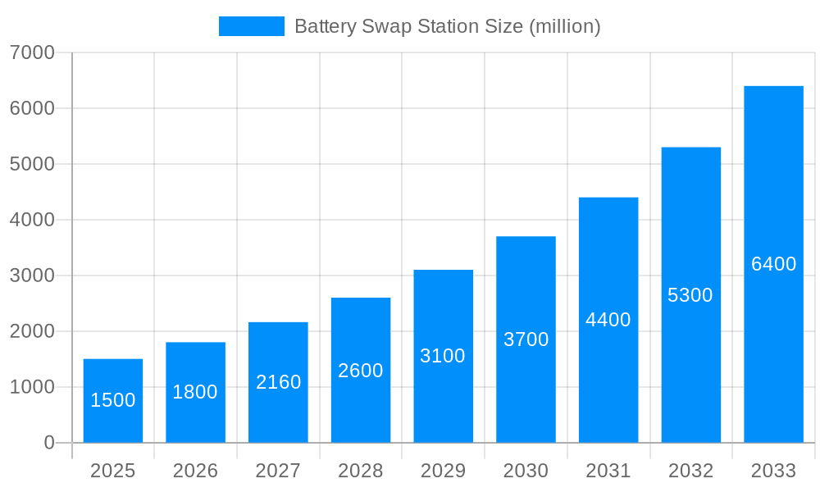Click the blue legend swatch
tap(251, 26)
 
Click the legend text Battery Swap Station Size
tap(447, 26)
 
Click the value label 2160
tap(278, 382)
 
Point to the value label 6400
tap(773, 264)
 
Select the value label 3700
tap(526, 339)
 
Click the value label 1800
tap(195, 392)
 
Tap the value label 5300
tap(690, 295)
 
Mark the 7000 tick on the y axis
tap(32, 52)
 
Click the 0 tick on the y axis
tap(48, 443)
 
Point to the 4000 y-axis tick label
tap(32, 220)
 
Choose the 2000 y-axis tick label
tap(32, 331)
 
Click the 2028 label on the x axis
tap(360, 471)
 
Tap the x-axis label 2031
tap(608, 471)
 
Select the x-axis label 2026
tap(195, 471)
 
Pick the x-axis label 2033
tap(773, 471)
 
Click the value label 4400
tap(608, 320)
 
